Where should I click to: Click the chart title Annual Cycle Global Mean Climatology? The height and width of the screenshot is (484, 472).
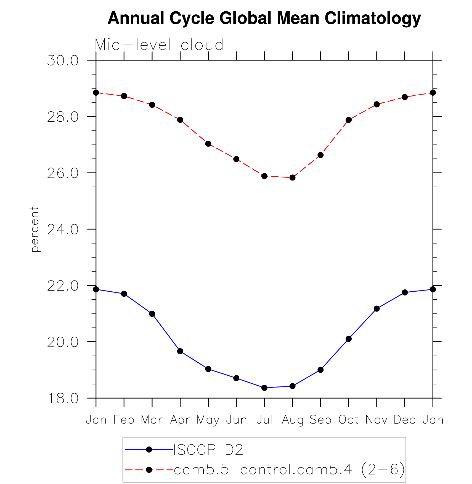click(x=264, y=18)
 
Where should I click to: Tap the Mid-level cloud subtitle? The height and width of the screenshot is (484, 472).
click(x=159, y=45)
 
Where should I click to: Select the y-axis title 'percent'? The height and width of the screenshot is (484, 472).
click(x=35, y=229)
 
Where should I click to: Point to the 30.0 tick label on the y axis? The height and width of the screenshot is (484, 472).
click(x=63, y=61)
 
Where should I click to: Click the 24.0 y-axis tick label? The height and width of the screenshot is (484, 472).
click(x=63, y=229)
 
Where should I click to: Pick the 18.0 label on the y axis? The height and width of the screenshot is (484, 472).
click(x=63, y=398)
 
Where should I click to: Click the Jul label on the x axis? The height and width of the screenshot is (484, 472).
click(x=264, y=420)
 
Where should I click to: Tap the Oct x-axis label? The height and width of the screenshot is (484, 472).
click(x=348, y=420)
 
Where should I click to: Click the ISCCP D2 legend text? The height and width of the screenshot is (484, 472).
click(x=208, y=450)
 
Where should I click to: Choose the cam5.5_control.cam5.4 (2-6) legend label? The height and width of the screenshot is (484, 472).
click(x=289, y=470)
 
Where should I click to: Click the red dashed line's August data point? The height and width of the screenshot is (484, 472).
click(x=293, y=177)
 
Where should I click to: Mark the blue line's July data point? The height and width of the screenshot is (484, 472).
click(x=264, y=388)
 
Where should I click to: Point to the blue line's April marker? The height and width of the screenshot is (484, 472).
click(x=180, y=351)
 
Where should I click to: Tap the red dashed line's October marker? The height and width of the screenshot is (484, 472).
click(x=349, y=120)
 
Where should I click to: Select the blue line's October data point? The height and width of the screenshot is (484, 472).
click(x=349, y=339)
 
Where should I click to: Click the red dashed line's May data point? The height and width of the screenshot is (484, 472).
click(x=208, y=144)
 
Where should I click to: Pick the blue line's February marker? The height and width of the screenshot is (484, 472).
click(x=124, y=294)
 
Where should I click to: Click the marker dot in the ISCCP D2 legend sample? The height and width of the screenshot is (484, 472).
click(x=149, y=449)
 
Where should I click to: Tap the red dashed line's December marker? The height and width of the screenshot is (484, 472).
click(x=405, y=97)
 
